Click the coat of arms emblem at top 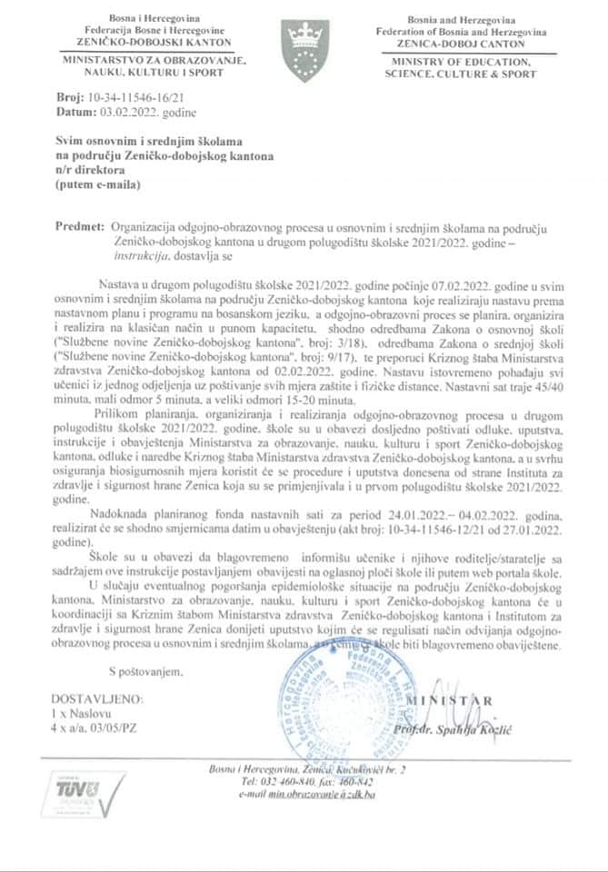(x=304, y=43)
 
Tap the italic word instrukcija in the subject (x=135, y=257)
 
